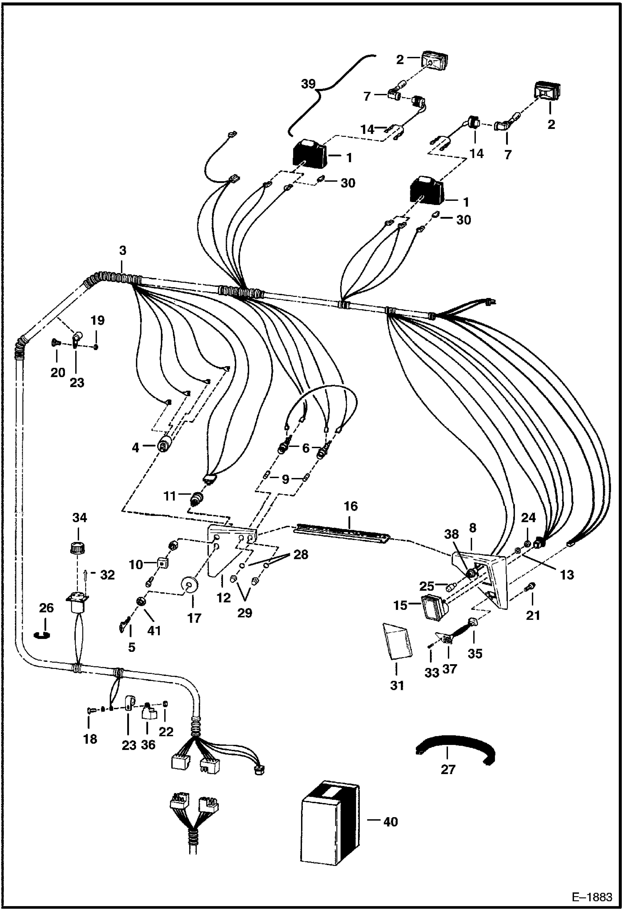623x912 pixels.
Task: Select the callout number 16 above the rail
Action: click(x=351, y=506)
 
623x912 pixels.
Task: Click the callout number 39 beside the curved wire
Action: click(x=308, y=85)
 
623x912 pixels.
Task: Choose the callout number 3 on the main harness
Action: click(x=122, y=251)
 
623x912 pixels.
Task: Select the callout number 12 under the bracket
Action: click(x=224, y=598)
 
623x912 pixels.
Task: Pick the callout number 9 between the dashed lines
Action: click(x=285, y=479)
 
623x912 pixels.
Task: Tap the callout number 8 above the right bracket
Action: click(x=472, y=528)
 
